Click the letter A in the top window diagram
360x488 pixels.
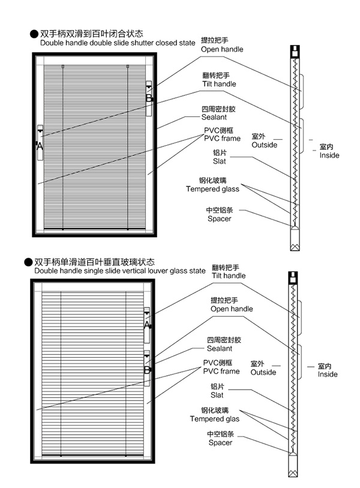tap(40, 146)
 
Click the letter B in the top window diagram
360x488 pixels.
tap(149, 98)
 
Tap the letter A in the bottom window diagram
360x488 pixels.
tap(147, 325)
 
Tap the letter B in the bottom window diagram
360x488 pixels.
tap(147, 370)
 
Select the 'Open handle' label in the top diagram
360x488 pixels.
tap(222, 49)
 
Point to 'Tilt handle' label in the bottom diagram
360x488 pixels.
tap(229, 275)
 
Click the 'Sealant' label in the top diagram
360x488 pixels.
tap(214, 117)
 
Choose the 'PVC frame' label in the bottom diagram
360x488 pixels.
tap(221, 371)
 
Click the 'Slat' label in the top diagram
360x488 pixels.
tap(219, 161)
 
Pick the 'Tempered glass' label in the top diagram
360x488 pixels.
tap(212, 189)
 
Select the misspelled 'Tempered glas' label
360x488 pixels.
tap(215, 419)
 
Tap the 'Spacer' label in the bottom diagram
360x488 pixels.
tap(220, 442)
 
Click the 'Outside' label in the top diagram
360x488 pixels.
tap(265, 144)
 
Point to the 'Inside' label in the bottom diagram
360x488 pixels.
tap(328, 374)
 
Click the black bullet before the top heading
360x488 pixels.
tap(34, 34)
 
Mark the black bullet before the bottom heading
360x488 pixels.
tap(28, 263)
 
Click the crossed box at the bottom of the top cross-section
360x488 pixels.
tap(295, 247)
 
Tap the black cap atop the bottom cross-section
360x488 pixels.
tap(293, 278)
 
